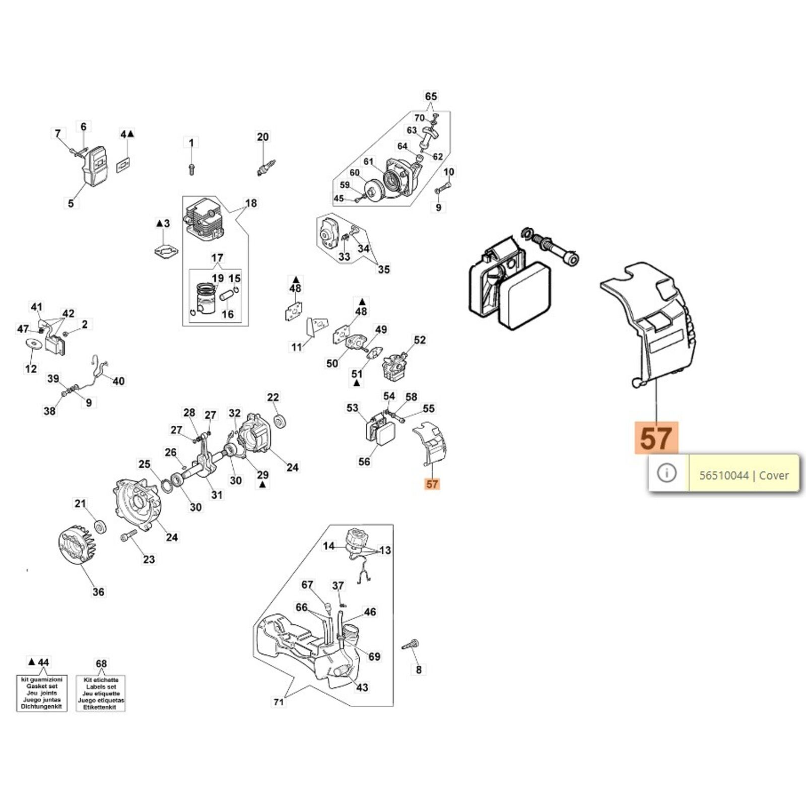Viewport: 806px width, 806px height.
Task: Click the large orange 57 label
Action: click(x=656, y=438)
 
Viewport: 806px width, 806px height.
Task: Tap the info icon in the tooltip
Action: click(x=667, y=473)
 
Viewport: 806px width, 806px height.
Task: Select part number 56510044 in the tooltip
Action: click(x=723, y=476)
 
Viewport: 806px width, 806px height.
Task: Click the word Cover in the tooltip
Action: click(x=774, y=476)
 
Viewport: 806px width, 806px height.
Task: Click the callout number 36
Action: click(x=98, y=592)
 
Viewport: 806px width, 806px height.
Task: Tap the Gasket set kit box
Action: click(x=42, y=693)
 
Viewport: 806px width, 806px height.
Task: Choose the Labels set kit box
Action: click(x=101, y=693)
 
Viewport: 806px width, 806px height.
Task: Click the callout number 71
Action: click(x=279, y=702)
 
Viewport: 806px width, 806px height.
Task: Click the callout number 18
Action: click(x=251, y=203)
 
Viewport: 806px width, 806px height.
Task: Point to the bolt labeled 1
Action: click(x=191, y=169)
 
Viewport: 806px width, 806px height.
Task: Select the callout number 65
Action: click(x=431, y=96)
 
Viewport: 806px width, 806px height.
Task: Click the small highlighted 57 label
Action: click(x=432, y=484)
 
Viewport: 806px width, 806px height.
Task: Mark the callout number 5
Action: click(x=71, y=203)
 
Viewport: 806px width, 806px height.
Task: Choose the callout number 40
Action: click(x=118, y=381)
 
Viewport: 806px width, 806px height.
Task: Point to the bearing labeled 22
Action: click(x=279, y=421)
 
